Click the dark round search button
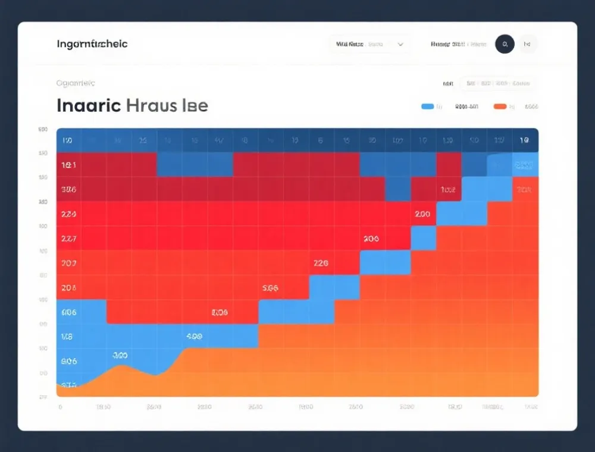(x=505, y=44)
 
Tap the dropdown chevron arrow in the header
(x=400, y=44)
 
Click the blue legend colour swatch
(x=427, y=106)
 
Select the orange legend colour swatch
(x=500, y=106)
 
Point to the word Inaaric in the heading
(x=89, y=106)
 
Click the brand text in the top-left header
(x=92, y=44)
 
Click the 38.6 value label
(x=68, y=190)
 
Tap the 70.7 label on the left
(x=68, y=262)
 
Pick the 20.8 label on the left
(x=68, y=287)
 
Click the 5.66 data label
(x=270, y=287)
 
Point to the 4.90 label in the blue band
(x=194, y=336)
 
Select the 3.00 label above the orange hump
(x=120, y=355)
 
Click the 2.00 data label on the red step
(x=422, y=214)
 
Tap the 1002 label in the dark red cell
(x=447, y=190)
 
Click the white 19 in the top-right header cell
(x=524, y=140)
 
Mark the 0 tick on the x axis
(x=59, y=407)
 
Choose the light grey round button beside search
(x=527, y=44)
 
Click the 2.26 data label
(x=321, y=262)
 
